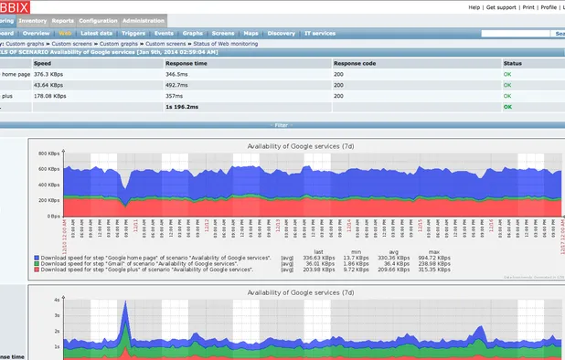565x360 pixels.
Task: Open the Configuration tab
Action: click(x=97, y=20)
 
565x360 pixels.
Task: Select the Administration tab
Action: click(x=144, y=20)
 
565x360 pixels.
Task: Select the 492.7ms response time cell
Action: click(x=182, y=84)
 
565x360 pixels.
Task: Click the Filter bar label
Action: click(x=282, y=124)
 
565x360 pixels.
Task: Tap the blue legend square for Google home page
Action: click(x=36, y=259)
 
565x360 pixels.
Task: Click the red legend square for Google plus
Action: click(x=36, y=270)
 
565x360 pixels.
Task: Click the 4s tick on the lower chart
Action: click(x=57, y=300)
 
